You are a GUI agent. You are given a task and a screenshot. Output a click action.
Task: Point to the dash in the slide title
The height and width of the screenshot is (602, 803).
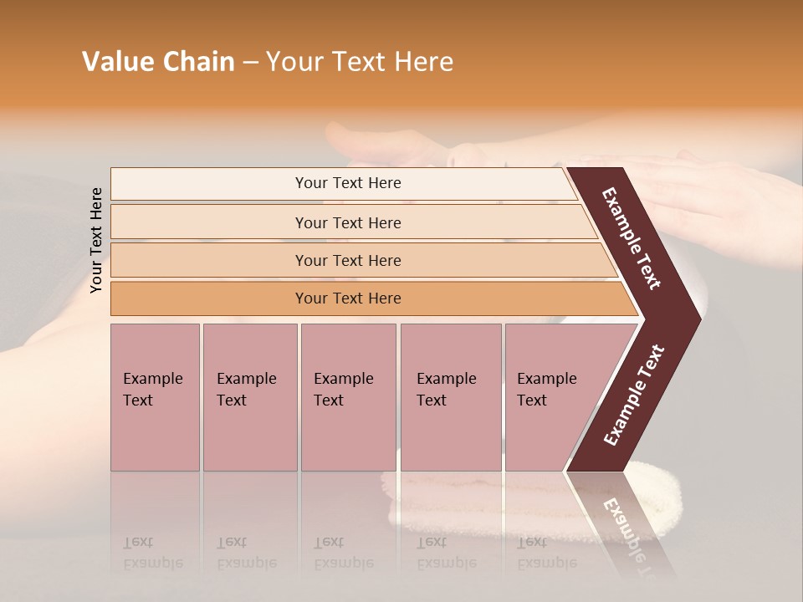click(x=250, y=63)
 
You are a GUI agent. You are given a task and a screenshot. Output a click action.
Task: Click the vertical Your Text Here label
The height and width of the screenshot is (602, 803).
click(x=96, y=240)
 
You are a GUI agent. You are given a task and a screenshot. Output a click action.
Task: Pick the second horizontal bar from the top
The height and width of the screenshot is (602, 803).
click(x=347, y=222)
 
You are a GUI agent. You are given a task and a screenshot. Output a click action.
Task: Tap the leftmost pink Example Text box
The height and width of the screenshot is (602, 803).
click(x=155, y=397)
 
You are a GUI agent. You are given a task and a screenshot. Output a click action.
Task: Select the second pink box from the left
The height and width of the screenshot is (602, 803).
click(x=249, y=397)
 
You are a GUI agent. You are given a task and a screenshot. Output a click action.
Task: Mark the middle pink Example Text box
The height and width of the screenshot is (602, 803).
click(x=348, y=397)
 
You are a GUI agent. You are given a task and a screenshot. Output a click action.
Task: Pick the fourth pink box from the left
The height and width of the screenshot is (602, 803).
click(x=450, y=397)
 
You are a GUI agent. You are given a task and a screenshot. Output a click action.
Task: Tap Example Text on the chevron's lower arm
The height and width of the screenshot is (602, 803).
click(x=633, y=395)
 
